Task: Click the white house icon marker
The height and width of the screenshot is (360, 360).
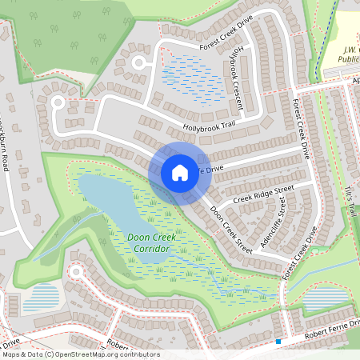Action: (x=180, y=172)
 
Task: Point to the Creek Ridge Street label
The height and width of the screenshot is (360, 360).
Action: (x=263, y=193)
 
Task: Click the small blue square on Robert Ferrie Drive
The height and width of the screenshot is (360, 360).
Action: (x=278, y=342)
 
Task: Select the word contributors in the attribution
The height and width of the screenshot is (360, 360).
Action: (x=138, y=354)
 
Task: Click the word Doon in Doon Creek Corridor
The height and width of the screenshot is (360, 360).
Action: (x=138, y=238)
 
